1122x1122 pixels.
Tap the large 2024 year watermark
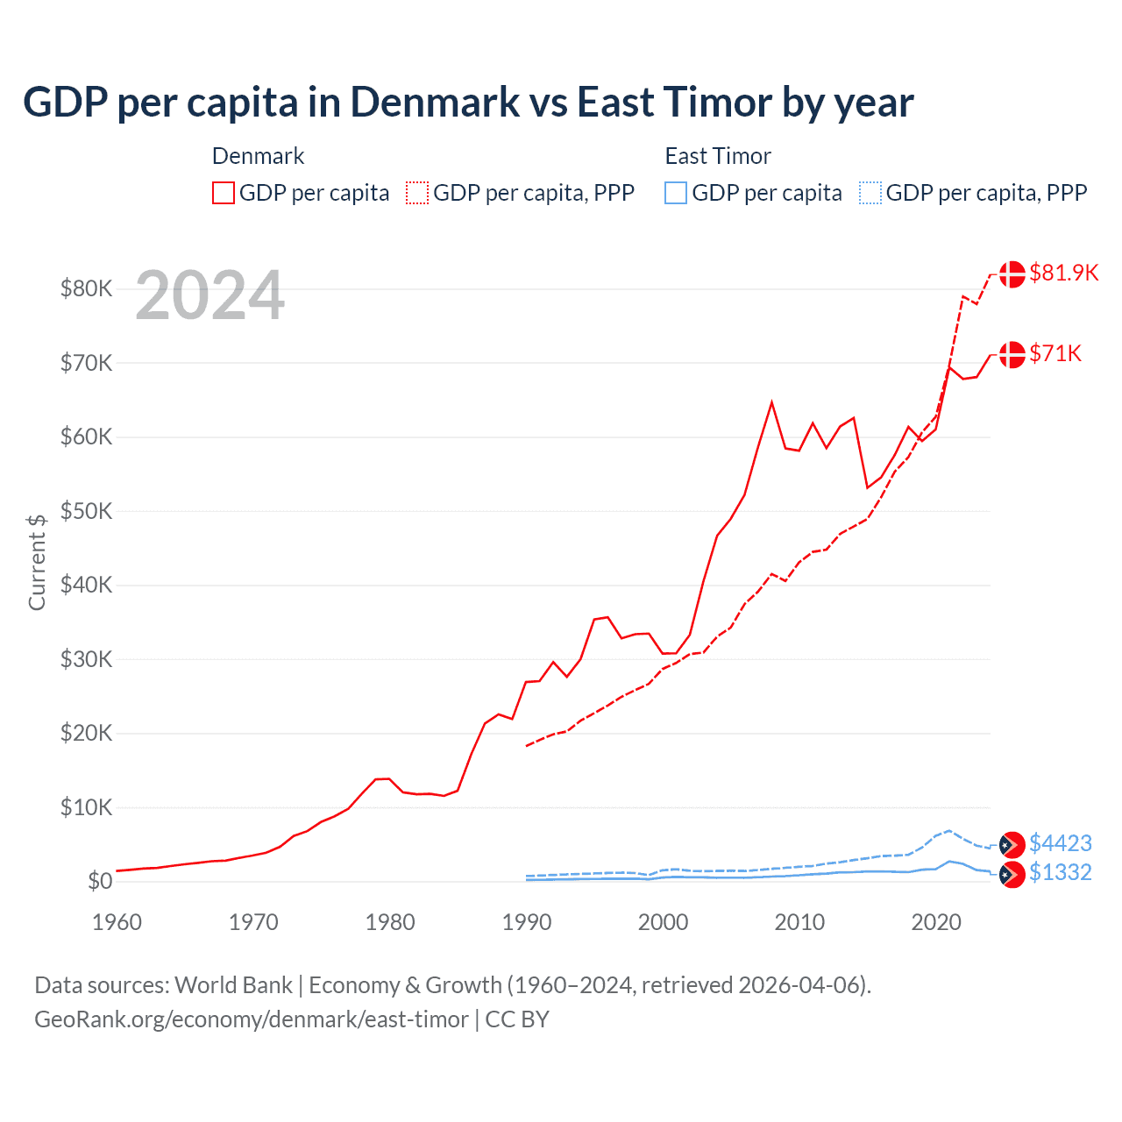[x=209, y=295]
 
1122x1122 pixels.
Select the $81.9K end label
[x=1063, y=273]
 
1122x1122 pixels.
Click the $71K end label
[x=1055, y=353]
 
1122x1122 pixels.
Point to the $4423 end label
[x=1060, y=843]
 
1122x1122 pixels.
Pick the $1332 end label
[x=1060, y=872]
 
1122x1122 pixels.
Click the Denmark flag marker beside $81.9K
[x=1012, y=273]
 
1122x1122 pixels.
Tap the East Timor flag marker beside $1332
[x=1012, y=874]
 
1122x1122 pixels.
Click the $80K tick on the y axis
[x=86, y=288]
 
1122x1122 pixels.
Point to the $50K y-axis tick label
[x=86, y=511]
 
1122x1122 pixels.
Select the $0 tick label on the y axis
[x=100, y=881]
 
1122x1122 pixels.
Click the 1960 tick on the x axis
[x=117, y=922]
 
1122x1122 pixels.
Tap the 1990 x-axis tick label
[x=527, y=922]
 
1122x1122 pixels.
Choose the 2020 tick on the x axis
[x=936, y=922]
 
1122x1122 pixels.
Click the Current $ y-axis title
[x=37, y=562]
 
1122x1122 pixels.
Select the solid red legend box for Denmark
[x=224, y=193]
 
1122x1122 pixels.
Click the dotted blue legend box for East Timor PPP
[x=870, y=193]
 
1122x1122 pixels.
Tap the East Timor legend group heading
[x=718, y=156]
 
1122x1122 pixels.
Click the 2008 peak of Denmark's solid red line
[x=771, y=403]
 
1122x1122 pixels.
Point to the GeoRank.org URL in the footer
[x=252, y=1019]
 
